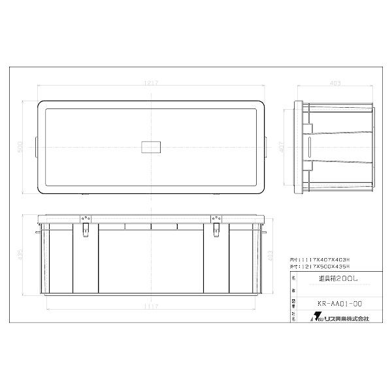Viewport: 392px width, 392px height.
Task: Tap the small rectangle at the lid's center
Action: (151, 146)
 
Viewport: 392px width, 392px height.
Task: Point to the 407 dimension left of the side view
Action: (281, 148)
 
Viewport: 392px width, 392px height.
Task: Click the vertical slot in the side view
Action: (307, 146)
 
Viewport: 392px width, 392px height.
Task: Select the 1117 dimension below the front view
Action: (152, 305)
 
